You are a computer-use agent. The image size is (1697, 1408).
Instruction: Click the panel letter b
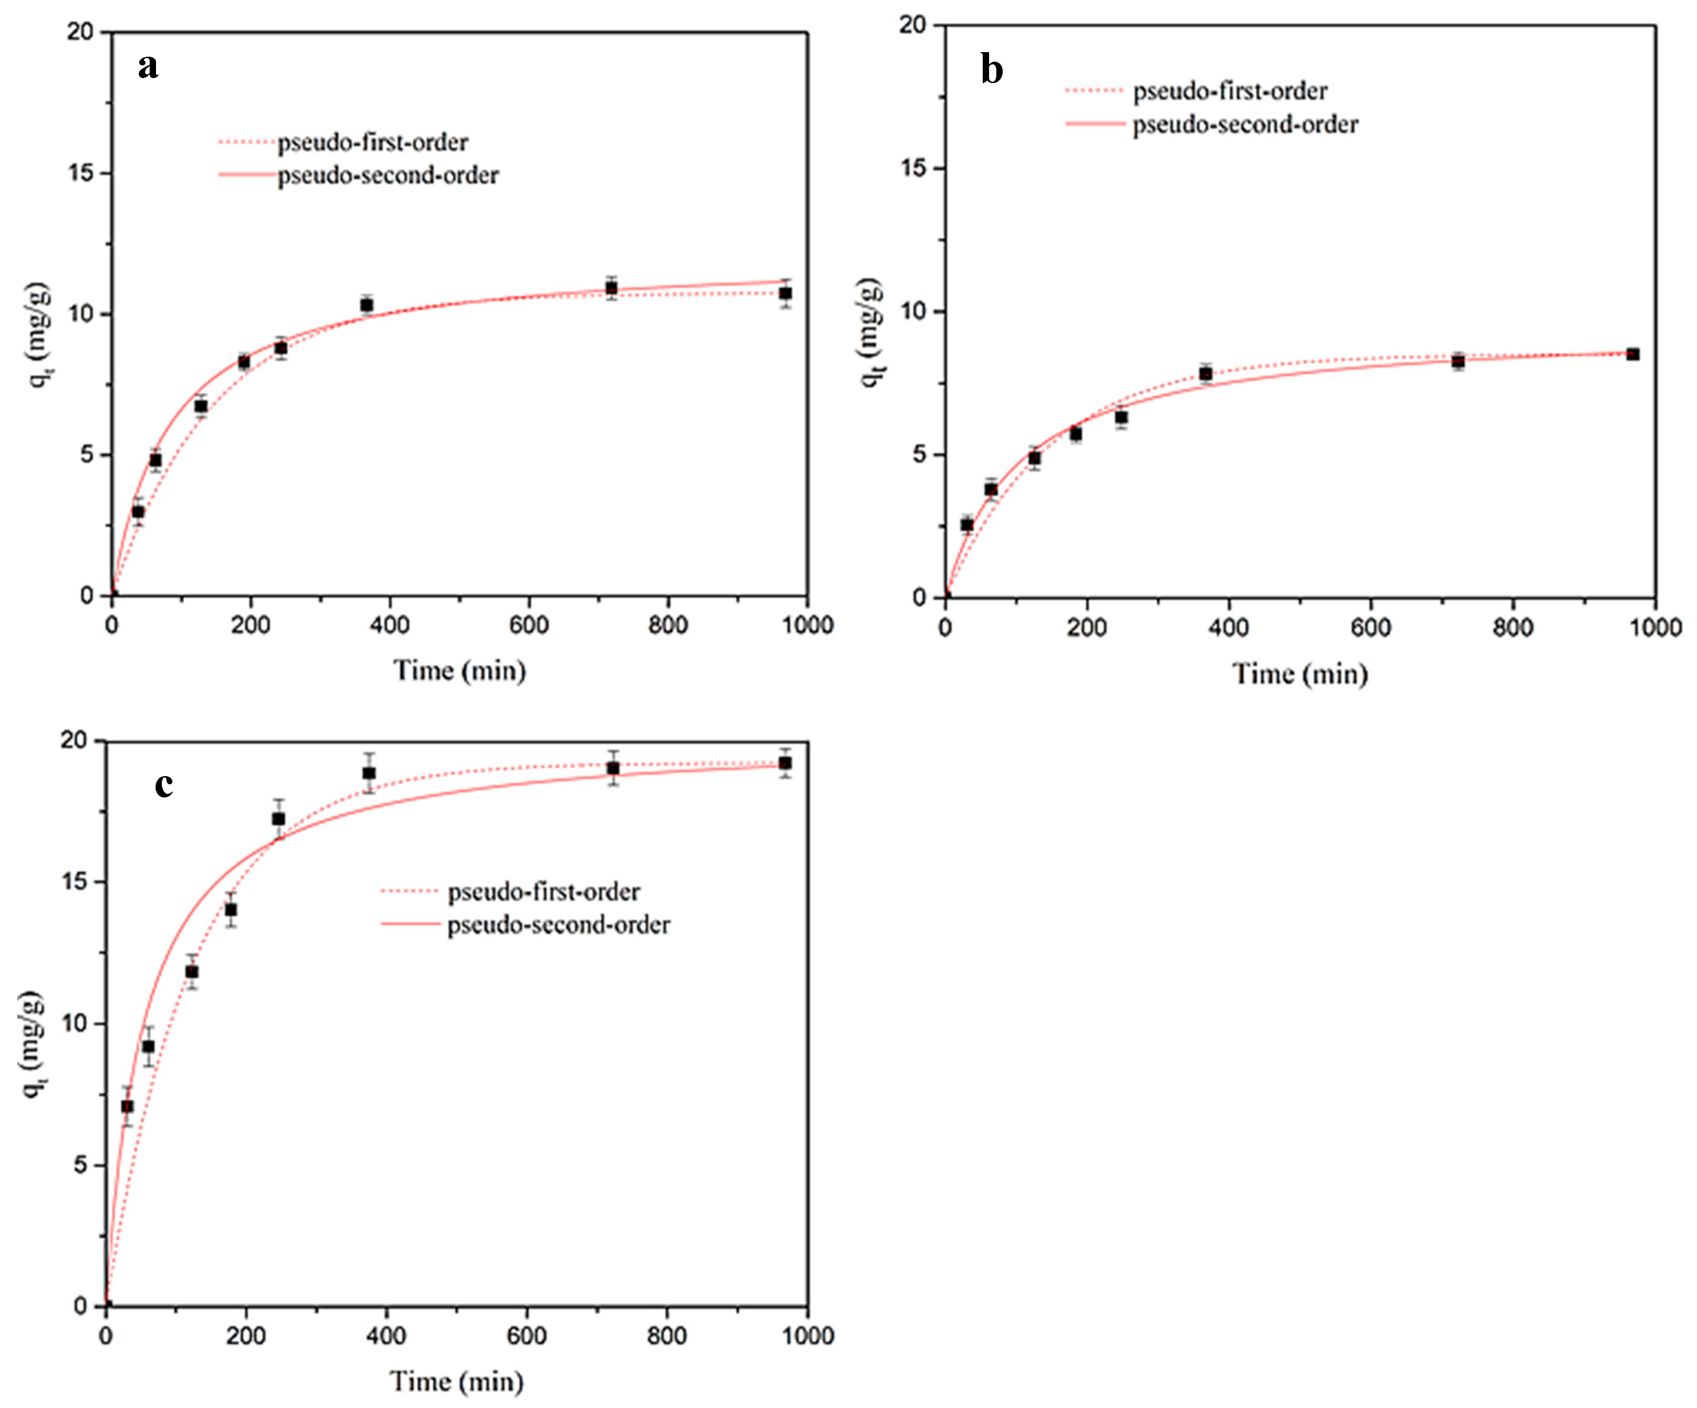point(991,69)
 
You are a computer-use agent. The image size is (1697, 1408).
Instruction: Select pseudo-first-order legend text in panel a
point(372,142)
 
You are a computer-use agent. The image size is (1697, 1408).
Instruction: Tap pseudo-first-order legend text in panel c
point(544,891)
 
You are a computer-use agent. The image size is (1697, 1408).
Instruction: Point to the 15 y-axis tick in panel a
point(81,173)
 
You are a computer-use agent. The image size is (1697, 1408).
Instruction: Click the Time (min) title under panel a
point(459,670)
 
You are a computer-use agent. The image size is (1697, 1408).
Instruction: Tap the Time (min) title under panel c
point(457,1381)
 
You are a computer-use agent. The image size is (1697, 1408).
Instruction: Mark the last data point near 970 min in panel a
point(785,293)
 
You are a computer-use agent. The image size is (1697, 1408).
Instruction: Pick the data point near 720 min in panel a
point(612,288)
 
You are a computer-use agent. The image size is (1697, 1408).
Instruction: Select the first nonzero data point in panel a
point(138,511)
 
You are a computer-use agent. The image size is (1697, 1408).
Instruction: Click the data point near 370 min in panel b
point(1206,373)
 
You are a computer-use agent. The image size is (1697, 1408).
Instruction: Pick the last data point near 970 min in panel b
point(1632,354)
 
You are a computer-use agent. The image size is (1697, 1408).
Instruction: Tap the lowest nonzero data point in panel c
point(127,1106)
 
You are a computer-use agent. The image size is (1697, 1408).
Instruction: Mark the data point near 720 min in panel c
point(613,768)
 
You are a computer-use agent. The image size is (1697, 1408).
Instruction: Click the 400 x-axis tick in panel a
point(390,625)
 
